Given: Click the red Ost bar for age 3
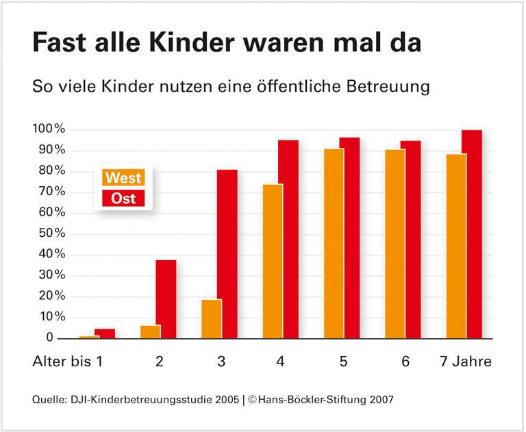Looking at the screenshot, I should click(x=227, y=253).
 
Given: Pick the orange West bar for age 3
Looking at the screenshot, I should click(x=211, y=318).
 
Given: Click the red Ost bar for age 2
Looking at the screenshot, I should click(x=166, y=298).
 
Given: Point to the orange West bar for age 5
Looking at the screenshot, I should click(x=334, y=243).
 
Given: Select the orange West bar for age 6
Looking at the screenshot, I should click(x=394, y=243).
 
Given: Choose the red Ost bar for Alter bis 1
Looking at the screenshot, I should click(x=105, y=333).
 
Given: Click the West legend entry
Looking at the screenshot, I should click(x=124, y=178).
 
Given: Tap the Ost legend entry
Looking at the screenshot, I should click(x=124, y=199).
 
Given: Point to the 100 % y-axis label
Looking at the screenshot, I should click(x=49, y=129).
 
